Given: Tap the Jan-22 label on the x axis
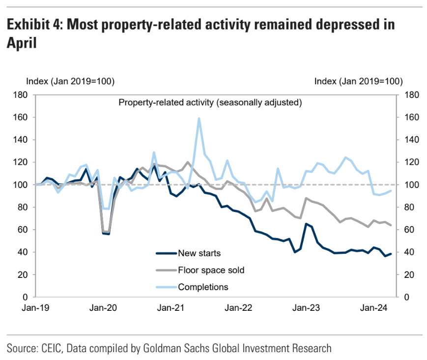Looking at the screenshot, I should click(x=238, y=308).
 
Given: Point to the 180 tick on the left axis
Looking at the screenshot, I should click(x=20, y=95).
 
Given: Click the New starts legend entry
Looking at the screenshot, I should click(x=199, y=254).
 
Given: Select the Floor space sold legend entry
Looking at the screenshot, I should click(x=211, y=270).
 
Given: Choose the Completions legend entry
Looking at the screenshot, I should click(x=203, y=287).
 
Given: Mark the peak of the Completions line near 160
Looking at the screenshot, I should click(x=199, y=119).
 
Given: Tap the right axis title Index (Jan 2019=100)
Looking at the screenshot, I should click(x=359, y=81).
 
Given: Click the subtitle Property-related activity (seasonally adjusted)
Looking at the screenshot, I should click(x=210, y=103).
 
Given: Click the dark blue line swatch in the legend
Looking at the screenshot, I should click(x=166, y=254).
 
